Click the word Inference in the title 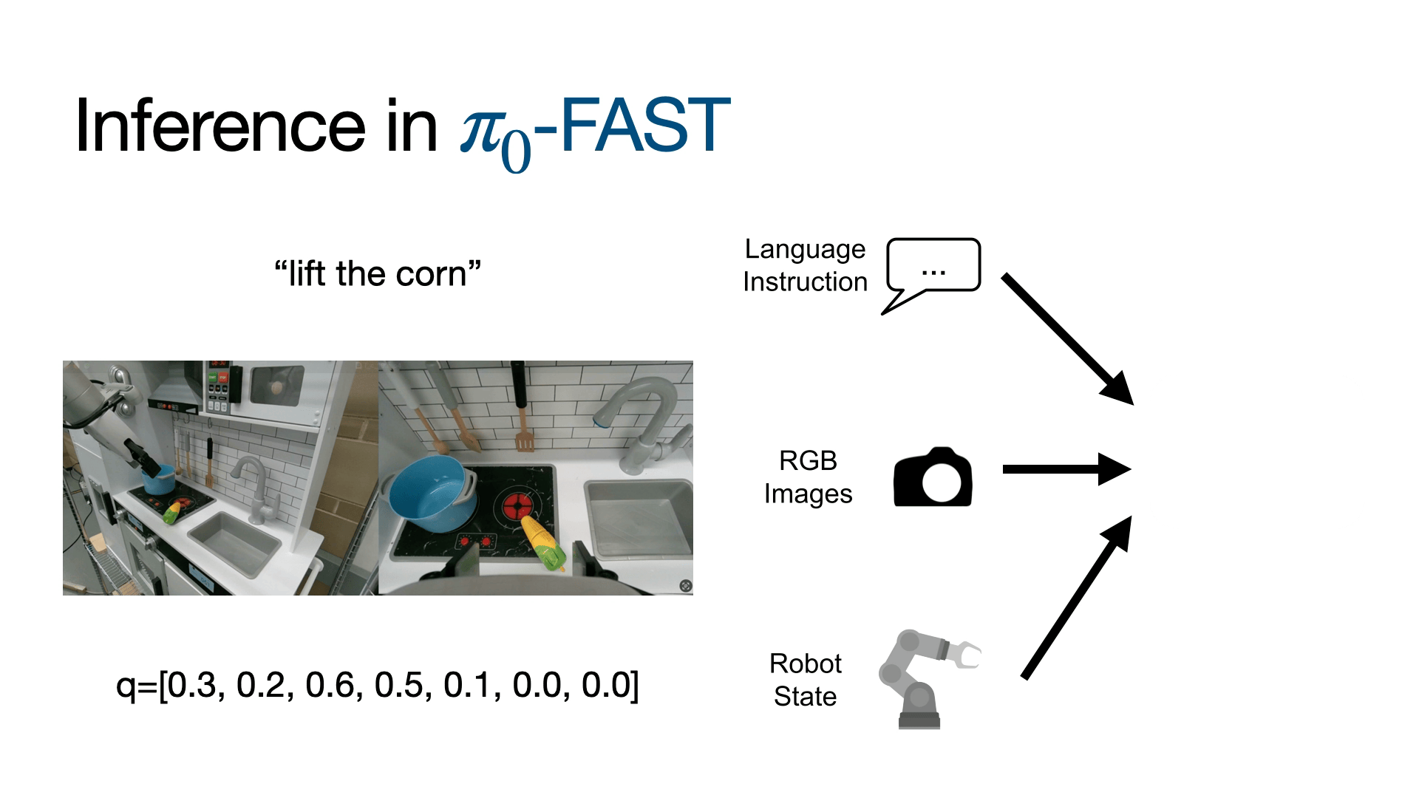(x=220, y=126)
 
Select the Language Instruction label (x=805, y=265)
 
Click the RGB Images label (x=808, y=477)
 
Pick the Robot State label (x=805, y=680)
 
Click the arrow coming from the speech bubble (x=1067, y=339)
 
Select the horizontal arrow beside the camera (x=1066, y=469)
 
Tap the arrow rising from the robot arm (x=1077, y=597)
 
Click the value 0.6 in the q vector (x=330, y=686)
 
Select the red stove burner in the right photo (x=518, y=507)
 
